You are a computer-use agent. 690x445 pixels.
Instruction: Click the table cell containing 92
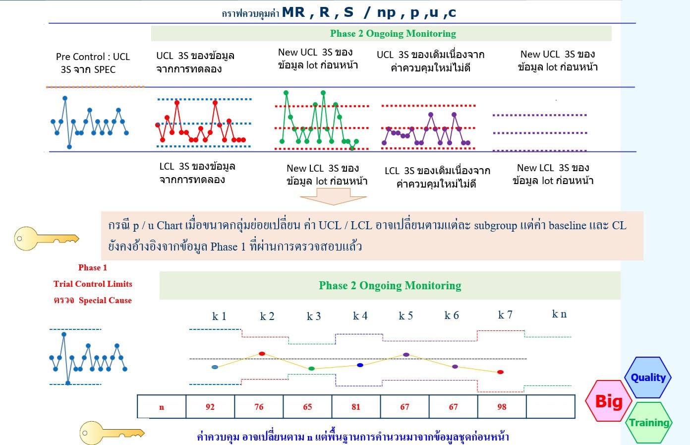pos(210,406)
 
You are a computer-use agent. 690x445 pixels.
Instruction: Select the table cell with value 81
pos(356,406)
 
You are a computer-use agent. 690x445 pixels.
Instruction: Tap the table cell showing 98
pos(502,406)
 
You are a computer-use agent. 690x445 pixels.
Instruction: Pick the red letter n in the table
pos(162,407)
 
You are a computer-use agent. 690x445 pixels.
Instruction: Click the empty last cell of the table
pos(551,406)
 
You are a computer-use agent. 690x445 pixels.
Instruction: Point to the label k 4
pos(360,316)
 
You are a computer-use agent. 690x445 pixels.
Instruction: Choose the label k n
pos(559,314)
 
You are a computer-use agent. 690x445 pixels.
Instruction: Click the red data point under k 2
pos(262,354)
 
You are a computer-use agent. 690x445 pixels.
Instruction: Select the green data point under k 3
pos(311,369)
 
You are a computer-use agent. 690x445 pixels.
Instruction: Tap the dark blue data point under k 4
pos(360,365)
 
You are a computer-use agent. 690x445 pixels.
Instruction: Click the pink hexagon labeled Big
pos(609,400)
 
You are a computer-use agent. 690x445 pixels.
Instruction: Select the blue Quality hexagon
pos(648,377)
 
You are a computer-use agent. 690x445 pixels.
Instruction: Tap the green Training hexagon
pos(649,423)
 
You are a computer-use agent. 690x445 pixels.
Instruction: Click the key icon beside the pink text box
pos(47,239)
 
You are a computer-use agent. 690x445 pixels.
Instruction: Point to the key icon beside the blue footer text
pos(112,433)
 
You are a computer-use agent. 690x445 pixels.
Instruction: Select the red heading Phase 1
pos(92,267)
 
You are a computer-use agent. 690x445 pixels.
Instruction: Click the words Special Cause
pos(105,300)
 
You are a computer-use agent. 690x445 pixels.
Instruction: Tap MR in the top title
pos(293,12)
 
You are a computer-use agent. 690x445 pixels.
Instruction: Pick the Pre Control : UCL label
pos(93,57)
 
